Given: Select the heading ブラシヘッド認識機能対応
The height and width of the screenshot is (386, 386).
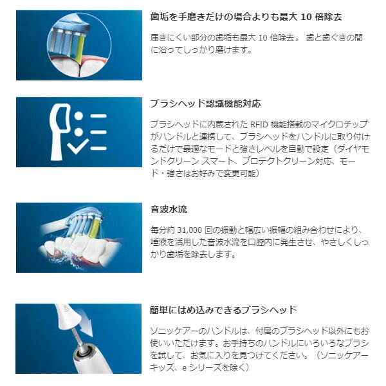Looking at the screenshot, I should pos(205,103).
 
